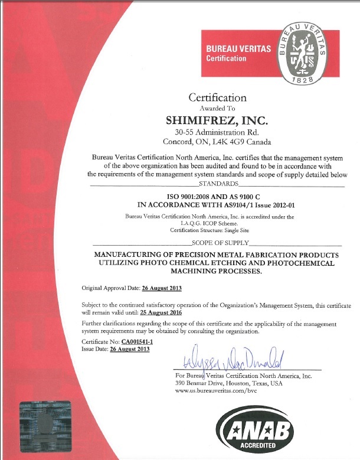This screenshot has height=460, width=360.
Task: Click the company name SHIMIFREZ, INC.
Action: coord(217,120)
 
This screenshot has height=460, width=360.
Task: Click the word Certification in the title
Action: coord(217,97)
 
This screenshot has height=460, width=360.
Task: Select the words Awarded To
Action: coord(217,109)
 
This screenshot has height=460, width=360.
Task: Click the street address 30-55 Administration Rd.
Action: coord(217,132)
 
